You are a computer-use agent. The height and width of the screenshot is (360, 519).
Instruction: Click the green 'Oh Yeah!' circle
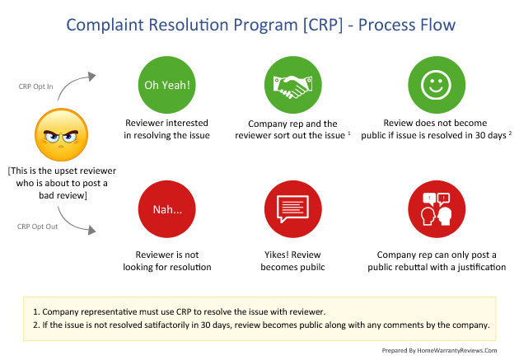coord(166,85)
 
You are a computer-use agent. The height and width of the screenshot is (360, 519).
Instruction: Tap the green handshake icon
coord(293,85)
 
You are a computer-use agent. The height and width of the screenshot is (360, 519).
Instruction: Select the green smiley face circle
coord(437,85)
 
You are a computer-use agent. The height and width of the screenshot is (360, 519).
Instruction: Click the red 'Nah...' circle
coord(166,209)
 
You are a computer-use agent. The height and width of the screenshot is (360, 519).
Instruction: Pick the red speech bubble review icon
coord(293,209)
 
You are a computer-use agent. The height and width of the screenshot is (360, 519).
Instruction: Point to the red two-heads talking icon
coord(437,209)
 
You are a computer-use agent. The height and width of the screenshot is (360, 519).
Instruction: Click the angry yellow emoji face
coord(62,134)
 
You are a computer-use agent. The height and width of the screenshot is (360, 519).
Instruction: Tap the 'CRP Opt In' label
coord(35,86)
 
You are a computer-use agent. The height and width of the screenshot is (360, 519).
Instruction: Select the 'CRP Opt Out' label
coord(37,227)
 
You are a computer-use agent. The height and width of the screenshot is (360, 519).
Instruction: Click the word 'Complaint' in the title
coord(105,26)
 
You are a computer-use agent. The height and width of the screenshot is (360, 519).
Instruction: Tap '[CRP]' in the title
coord(323,26)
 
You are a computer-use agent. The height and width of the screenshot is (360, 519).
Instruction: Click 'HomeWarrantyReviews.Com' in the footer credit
coord(457,350)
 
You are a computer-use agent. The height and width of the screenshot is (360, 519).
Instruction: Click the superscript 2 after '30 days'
coord(510,133)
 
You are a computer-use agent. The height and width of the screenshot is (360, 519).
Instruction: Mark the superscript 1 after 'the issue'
coord(349,133)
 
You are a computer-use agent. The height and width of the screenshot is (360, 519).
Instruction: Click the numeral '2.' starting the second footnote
coord(36,325)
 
